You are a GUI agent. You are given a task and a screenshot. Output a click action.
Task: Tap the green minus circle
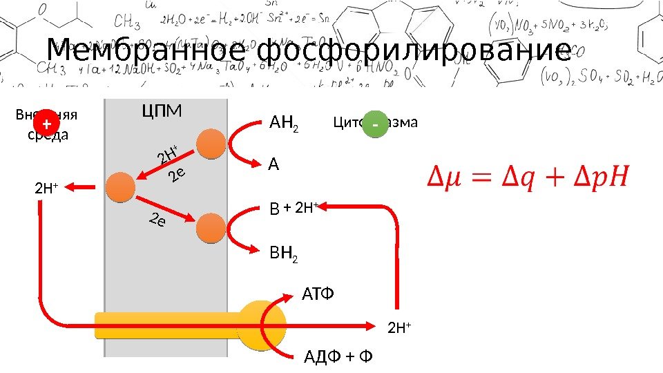point(374,124)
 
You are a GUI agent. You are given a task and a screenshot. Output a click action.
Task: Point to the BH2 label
point(284,258)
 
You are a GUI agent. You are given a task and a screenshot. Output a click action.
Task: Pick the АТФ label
point(318,296)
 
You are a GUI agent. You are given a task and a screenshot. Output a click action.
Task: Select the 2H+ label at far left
point(46,186)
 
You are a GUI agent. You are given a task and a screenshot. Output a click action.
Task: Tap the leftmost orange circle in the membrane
point(120,186)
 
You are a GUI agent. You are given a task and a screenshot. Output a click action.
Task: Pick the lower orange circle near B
point(211,226)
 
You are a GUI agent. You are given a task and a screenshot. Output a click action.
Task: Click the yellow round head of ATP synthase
point(262,325)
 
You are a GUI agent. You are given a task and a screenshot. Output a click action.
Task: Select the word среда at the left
point(48,135)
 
